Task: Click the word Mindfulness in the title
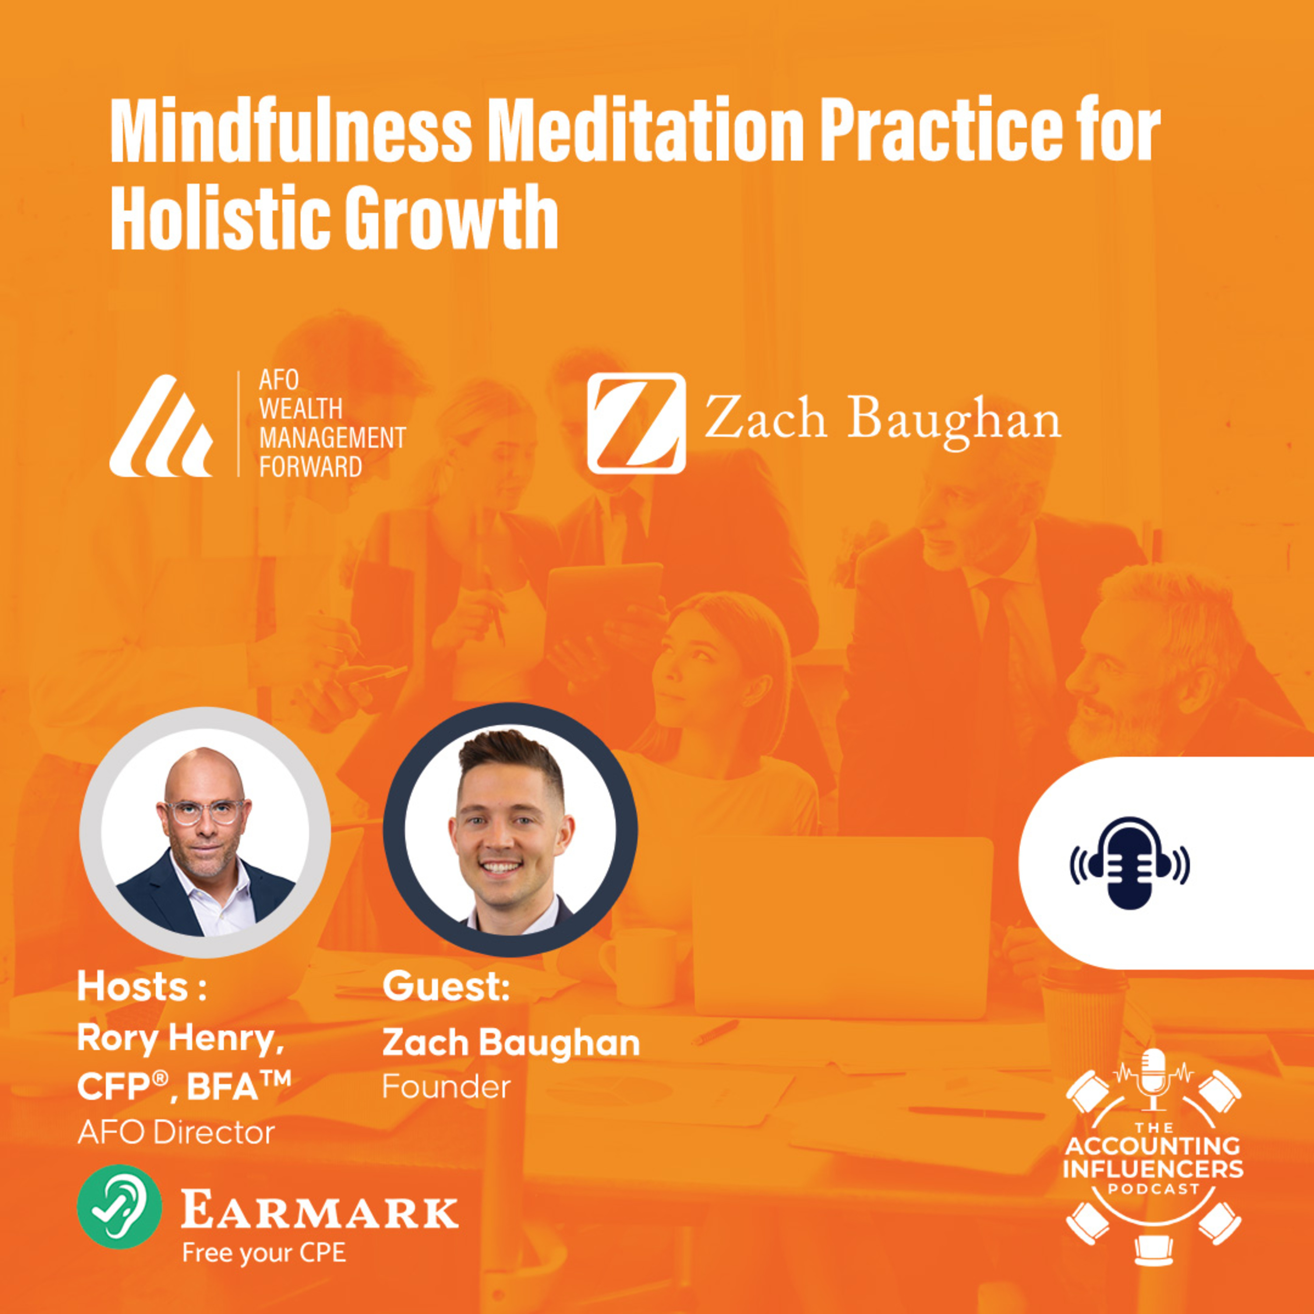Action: pyautogui.click(x=290, y=131)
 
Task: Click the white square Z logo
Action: pyautogui.click(x=636, y=423)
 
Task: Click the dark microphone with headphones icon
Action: pyautogui.click(x=1130, y=863)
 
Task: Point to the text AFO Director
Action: pyautogui.click(x=176, y=1132)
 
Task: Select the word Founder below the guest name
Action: pyautogui.click(x=446, y=1087)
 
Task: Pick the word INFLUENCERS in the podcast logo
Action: pyautogui.click(x=1154, y=1169)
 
